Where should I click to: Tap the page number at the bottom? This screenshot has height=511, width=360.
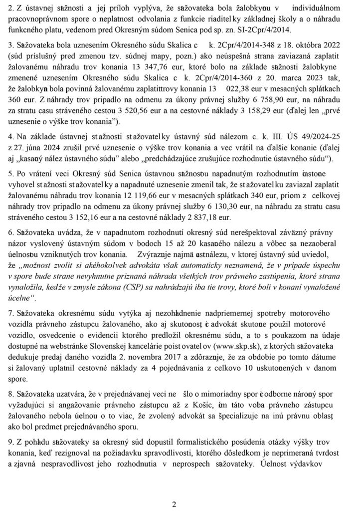point(175,504)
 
